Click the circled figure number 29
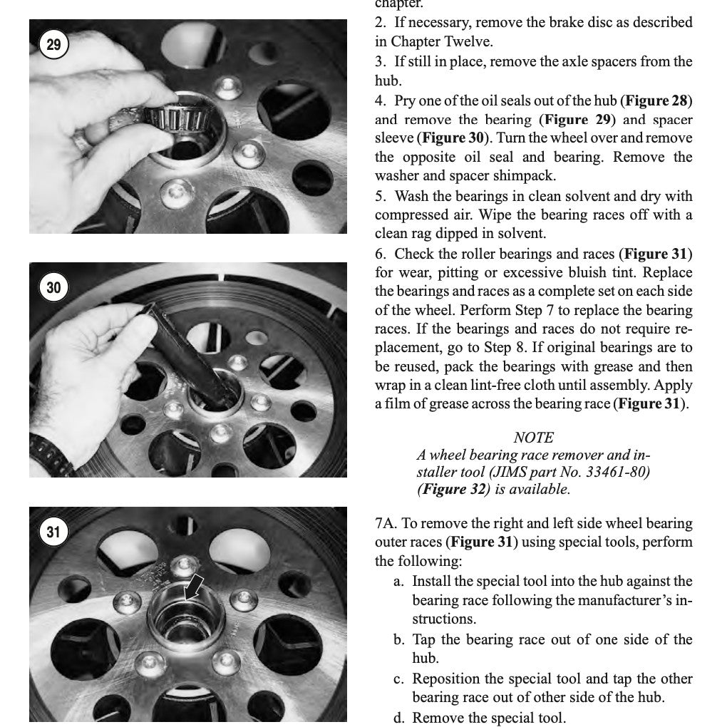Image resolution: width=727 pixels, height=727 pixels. tap(53, 46)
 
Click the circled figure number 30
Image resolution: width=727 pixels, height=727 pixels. tap(53, 288)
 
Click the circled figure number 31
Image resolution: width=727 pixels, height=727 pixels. tap(53, 532)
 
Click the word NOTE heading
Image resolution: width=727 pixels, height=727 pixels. tap(533, 438)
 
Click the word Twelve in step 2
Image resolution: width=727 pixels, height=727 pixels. tap(488, 41)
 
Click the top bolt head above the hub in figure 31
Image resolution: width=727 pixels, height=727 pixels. tap(182, 564)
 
